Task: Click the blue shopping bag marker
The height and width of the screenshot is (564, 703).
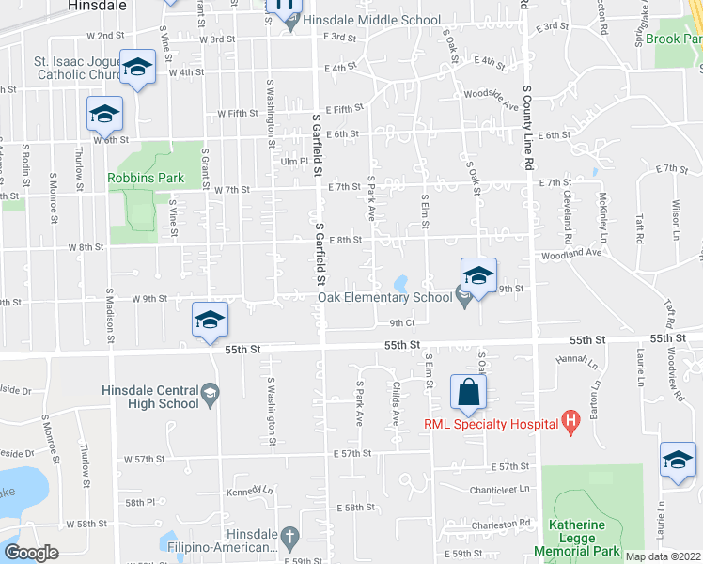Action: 468,393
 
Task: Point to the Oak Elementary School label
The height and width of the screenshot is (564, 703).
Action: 384,298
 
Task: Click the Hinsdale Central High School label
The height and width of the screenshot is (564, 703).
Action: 151,397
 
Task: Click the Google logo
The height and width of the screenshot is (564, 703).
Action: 31,553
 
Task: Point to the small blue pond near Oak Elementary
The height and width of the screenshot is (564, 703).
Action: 402,283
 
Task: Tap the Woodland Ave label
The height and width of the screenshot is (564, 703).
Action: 570,254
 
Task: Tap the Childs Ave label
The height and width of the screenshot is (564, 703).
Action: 397,405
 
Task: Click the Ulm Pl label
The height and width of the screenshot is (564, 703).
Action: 294,162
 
